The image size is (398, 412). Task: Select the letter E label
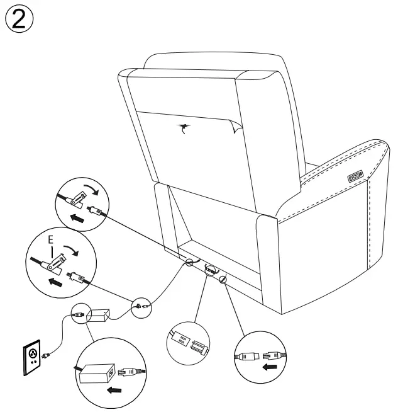(x=50, y=242)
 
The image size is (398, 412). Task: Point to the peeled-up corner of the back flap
(x=233, y=129)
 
